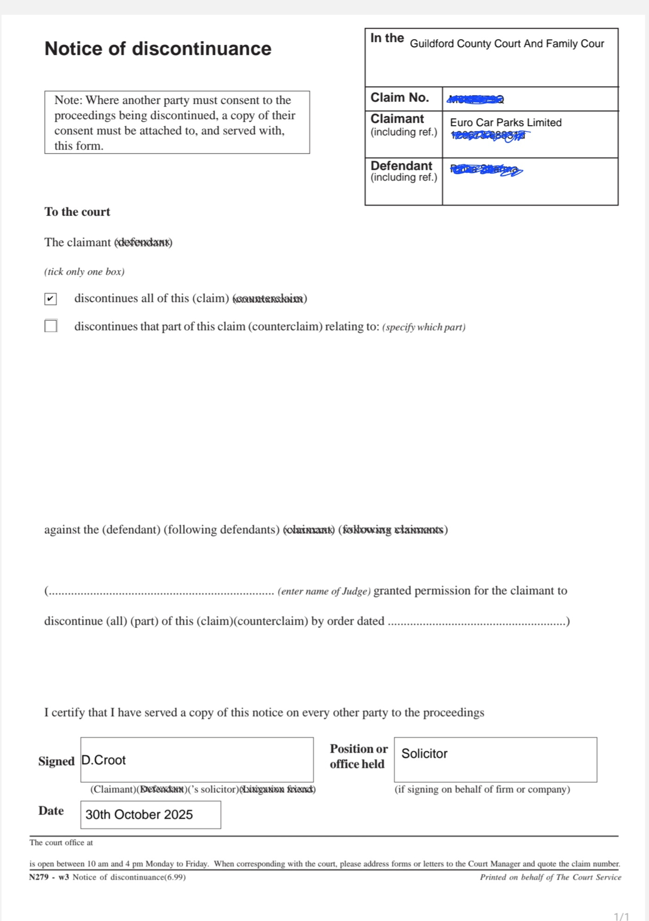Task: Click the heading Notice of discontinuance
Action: [158, 49]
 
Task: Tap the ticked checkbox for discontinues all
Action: [51, 299]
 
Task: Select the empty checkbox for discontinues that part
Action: [51, 326]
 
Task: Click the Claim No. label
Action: [399, 98]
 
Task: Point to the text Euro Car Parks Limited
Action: [506, 123]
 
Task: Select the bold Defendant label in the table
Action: [401, 166]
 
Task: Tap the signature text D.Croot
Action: [104, 760]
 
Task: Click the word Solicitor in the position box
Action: [424, 754]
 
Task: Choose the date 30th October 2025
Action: [139, 815]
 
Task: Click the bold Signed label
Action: [56, 761]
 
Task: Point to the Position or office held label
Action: [358, 756]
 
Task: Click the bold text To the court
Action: [77, 212]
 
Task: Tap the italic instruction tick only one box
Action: [85, 272]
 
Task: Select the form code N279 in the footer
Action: [39, 877]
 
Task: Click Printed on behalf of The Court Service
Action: [550, 877]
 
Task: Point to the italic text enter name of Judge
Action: [324, 591]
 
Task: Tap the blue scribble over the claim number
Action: [475, 99]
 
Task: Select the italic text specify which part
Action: [423, 327]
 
